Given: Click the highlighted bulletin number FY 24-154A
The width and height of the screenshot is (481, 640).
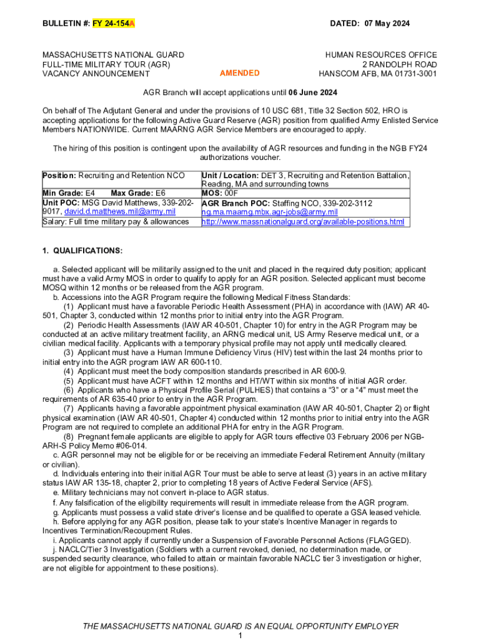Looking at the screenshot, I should tap(114, 24).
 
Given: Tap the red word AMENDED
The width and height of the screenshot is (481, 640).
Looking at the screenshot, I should tap(240, 73).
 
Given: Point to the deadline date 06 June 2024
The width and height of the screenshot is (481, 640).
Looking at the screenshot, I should tap(313, 92).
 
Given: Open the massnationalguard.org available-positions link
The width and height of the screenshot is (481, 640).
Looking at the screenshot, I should tap(303, 222).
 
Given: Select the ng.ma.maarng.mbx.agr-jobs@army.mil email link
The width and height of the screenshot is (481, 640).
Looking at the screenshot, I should tap(269, 212).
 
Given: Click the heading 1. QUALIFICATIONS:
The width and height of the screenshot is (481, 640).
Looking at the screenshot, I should tap(82, 251).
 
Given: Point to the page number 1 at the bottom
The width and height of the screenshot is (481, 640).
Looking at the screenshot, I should tap(241, 636).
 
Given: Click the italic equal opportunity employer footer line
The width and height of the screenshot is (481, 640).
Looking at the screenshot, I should tap(241, 626).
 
